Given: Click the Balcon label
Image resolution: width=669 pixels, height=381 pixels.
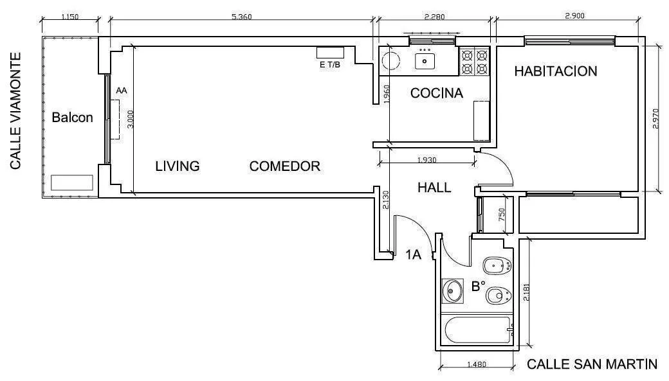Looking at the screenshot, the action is tap(72, 117).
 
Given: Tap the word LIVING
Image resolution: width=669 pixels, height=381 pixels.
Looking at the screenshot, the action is tap(177, 166).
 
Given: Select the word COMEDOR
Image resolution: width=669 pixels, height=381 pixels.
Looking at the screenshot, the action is tap(284, 166).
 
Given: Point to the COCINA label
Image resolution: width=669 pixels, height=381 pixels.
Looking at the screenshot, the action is tap(437, 93).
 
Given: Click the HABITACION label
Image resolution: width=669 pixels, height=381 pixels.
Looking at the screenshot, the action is tap(556, 71).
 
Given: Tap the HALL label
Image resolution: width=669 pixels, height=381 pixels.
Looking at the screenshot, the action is tap(434, 188).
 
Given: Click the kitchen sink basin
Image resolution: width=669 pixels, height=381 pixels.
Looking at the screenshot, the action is tap(425, 61).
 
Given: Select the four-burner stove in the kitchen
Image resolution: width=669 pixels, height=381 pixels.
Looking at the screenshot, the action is tap(475, 62).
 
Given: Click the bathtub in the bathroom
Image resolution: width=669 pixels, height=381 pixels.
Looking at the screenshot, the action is tap(478, 331).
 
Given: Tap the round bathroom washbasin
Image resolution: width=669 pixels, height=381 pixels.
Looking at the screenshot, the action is tap(452, 291).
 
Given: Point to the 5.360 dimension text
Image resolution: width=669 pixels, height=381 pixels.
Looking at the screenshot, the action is tap(241, 17).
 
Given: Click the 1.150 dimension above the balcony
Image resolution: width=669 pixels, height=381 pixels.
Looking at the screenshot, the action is tap(70, 17).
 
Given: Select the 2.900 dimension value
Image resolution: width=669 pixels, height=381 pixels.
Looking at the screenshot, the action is tap(574, 16).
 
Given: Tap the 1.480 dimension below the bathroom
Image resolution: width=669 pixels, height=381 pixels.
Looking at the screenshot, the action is tap(476, 364).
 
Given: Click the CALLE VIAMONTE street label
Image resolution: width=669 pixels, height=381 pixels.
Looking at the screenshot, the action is tap(15, 111).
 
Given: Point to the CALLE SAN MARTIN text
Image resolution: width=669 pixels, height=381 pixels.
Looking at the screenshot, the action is tap(592, 364).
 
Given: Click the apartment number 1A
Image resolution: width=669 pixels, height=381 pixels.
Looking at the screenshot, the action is tap(413, 255).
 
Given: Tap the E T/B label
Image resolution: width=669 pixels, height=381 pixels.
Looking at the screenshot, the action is tap(330, 65).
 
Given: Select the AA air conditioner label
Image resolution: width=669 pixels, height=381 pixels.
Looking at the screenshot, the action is tap(122, 91).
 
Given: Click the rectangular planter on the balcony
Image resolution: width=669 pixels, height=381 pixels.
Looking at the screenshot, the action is tap(71, 182).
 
